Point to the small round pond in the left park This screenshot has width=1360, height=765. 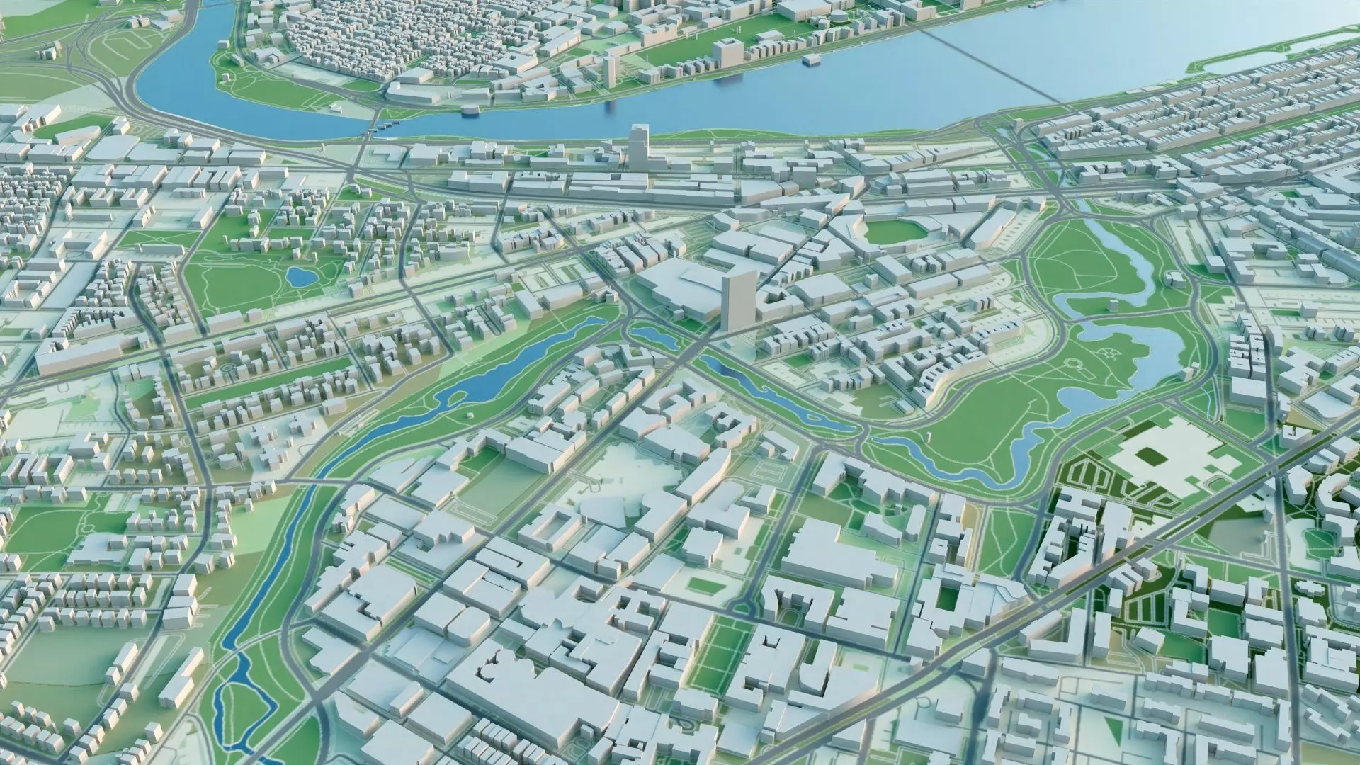point(300,276)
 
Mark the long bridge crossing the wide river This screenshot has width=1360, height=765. point(992,67)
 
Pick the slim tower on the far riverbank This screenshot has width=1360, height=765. point(610,71)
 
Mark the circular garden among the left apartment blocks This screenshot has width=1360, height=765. point(229,370)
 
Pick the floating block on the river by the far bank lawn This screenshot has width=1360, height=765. point(469,110)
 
